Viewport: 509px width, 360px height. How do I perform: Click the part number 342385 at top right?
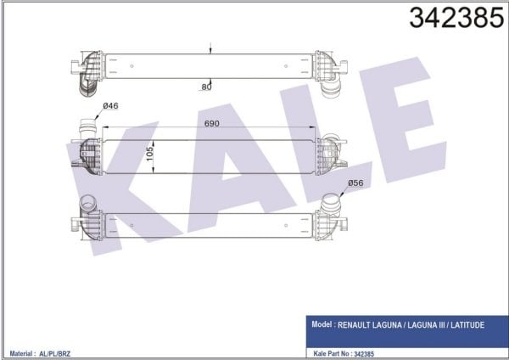pos(456,19)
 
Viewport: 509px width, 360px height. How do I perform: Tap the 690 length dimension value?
pos(212,124)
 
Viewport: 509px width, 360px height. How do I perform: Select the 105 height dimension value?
pos(150,155)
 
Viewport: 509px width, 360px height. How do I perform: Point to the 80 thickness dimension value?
pos(206,86)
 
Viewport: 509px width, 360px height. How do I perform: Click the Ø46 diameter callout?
pos(110,107)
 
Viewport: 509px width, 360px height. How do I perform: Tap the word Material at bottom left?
pos(21,352)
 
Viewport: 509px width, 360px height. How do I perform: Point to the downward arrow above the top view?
pos(210,49)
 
